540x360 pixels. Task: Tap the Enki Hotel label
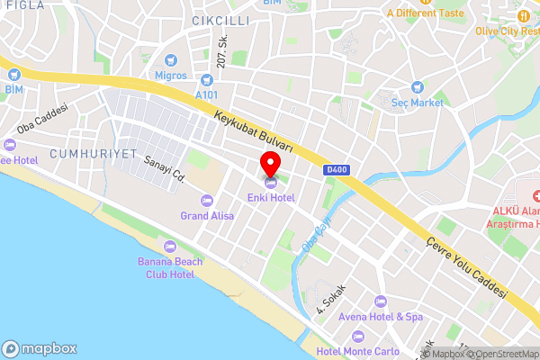[x=271, y=197]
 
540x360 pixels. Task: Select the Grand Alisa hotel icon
[x=207, y=200]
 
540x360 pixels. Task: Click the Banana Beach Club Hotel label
[x=170, y=267]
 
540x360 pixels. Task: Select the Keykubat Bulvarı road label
[x=255, y=131]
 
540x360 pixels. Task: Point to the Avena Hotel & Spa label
[x=381, y=317]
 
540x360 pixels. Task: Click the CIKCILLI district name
[x=220, y=19]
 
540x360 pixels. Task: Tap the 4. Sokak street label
[x=331, y=298]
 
